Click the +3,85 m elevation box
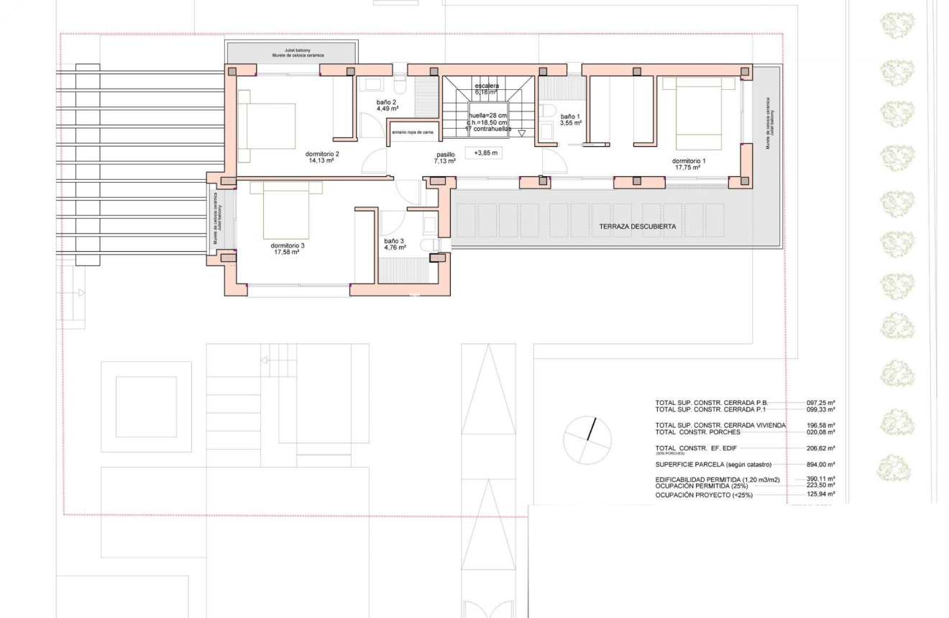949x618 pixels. tap(486, 153)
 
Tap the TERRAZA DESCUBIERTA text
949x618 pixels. tap(637, 227)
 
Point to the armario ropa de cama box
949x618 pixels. tap(413, 132)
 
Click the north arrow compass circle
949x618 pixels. tap(587, 440)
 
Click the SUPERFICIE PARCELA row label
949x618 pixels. tap(713, 465)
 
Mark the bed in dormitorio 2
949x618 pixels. tap(267, 125)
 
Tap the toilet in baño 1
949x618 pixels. tap(547, 110)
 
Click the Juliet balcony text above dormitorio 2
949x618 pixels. tap(291, 50)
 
